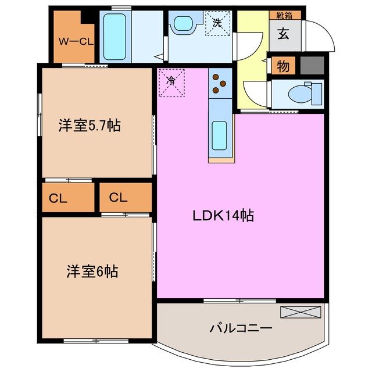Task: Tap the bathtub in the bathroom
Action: click(117, 35)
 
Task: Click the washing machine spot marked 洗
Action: click(217, 24)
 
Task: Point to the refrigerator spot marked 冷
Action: click(171, 82)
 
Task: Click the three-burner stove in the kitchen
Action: click(220, 83)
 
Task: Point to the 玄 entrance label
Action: click(283, 34)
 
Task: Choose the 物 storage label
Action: click(283, 66)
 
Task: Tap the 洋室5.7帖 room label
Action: click(89, 125)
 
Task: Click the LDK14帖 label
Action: click(223, 215)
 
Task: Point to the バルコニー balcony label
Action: click(241, 328)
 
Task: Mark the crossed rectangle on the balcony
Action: click(301, 312)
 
